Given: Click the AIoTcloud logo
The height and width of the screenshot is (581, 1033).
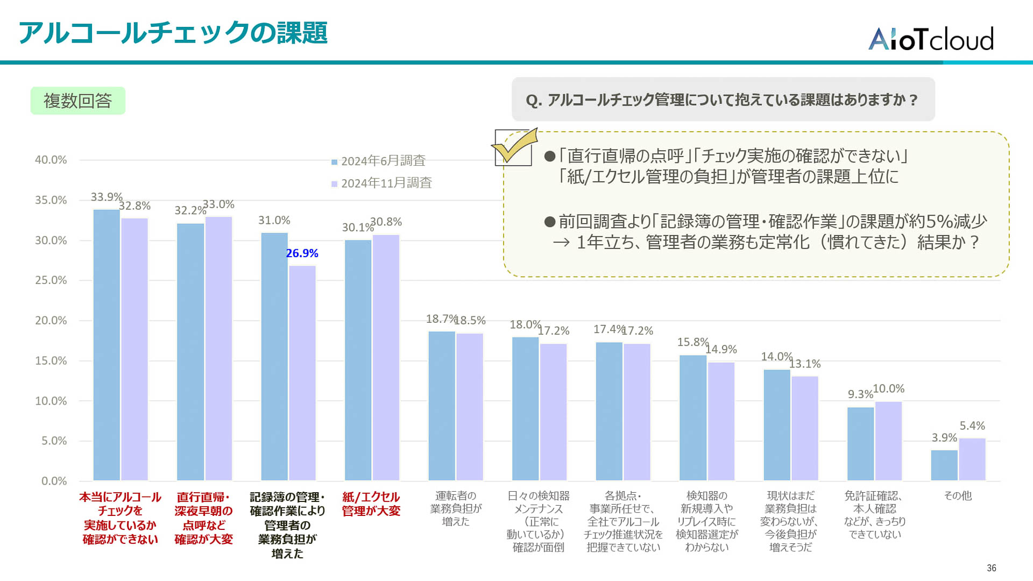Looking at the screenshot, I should click(931, 39).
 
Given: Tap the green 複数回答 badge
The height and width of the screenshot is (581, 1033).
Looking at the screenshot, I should click(78, 101).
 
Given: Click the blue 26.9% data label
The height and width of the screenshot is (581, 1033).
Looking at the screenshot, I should click(302, 253).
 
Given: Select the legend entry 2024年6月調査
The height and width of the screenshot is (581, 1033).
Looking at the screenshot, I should click(383, 161).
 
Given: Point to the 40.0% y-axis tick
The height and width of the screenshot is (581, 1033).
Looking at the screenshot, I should click(51, 160).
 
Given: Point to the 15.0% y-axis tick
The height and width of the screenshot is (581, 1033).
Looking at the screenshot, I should click(51, 361).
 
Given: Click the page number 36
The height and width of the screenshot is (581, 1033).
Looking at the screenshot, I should click(991, 568).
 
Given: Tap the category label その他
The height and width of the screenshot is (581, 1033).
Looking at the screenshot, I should click(958, 495).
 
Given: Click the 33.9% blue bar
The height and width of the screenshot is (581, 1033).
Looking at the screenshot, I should click(107, 344).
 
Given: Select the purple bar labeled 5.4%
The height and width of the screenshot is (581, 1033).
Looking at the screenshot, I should click(972, 459).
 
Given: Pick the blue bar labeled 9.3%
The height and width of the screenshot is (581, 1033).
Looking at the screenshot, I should click(860, 444).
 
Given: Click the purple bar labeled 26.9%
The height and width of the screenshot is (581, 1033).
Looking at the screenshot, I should click(302, 373).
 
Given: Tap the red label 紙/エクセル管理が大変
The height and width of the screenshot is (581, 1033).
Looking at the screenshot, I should click(371, 504).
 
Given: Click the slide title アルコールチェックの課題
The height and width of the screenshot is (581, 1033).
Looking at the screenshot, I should click(173, 33).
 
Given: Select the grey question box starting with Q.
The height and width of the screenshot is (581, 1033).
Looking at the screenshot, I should click(723, 100).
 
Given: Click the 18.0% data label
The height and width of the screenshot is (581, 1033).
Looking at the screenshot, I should click(525, 325).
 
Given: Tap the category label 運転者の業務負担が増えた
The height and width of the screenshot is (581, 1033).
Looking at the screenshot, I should click(456, 508).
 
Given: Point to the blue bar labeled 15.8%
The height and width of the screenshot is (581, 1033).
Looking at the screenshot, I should click(692, 417).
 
